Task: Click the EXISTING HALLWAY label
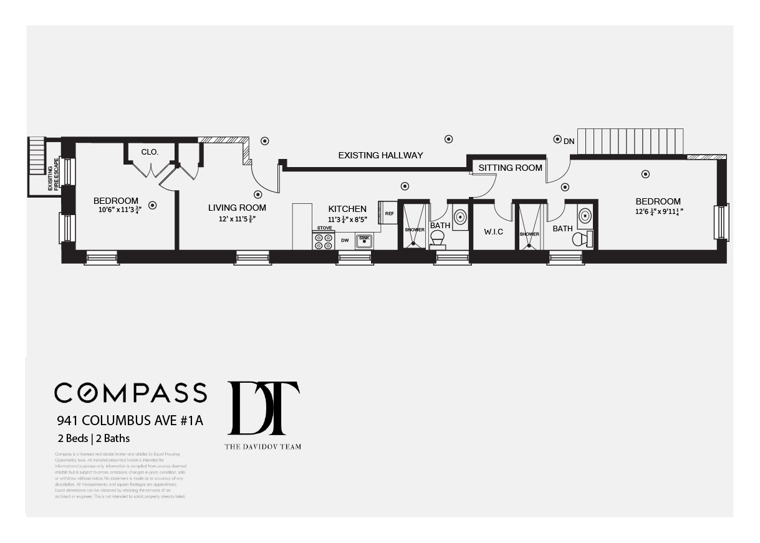(x=380, y=155)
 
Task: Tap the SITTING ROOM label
(x=510, y=168)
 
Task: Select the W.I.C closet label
(x=493, y=232)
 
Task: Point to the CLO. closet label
(x=150, y=151)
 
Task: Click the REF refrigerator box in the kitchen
(x=389, y=214)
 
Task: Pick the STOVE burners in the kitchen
(x=324, y=241)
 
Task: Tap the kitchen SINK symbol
(x=364, y=241)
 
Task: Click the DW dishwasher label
(x=344, y=240)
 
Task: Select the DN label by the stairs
(x=569, y=142)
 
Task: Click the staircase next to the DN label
(x=630, y=141)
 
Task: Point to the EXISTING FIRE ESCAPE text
(x=54, y=174)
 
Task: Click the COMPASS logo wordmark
(x=130, y=393)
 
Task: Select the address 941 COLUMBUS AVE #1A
(x=130, y=421)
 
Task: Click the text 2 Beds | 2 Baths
(x=93, y=438)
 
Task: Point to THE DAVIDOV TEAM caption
(x=262, y=446)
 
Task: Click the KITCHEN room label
(x=347, y=209)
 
